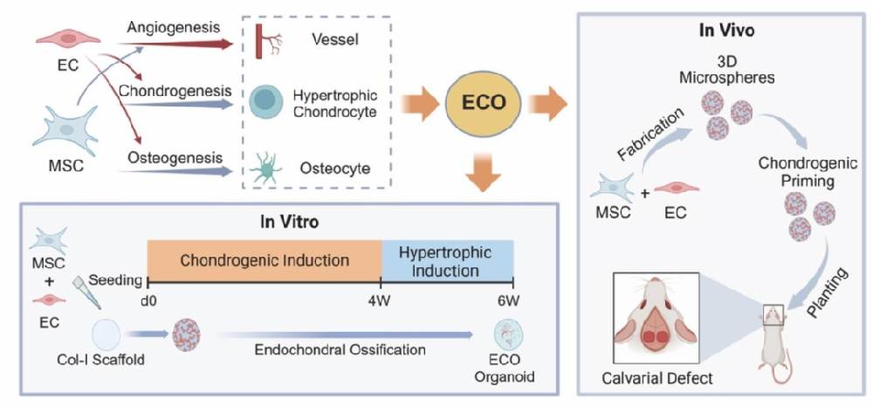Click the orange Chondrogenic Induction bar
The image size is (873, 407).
coord(264,260)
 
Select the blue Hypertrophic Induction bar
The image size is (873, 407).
coord(447,260)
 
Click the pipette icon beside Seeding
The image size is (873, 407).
coord(88,293)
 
